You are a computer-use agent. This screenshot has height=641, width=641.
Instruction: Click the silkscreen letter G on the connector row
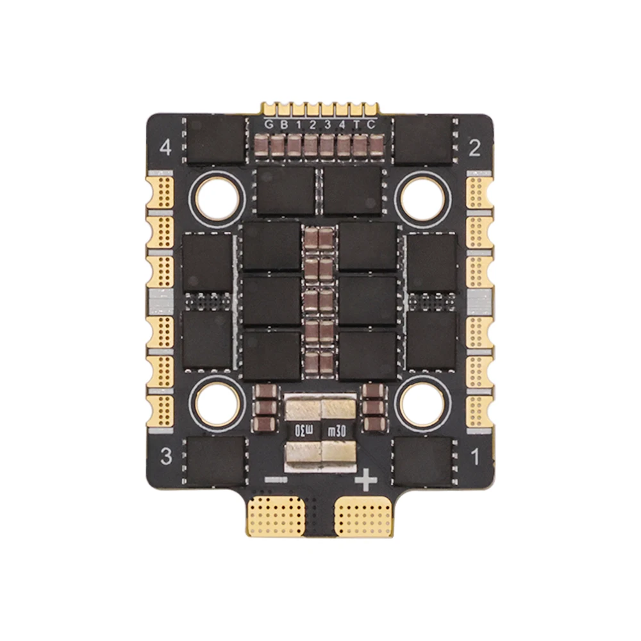pyautogui.click(x=269, y=125)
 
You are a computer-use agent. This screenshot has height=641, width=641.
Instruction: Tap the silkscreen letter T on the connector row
pyautogui.click(x=357, y=125)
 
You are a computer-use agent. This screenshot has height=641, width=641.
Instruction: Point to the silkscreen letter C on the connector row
pyautogui.click(x=370, y=125)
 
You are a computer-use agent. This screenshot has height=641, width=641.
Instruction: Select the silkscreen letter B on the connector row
pyautogui.click(x=284, y=125)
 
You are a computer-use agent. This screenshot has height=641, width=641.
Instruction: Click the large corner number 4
pyautogui.click(x=165, y=147)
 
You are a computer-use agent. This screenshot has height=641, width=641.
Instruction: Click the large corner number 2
pyautogui.click(x=474, y=148)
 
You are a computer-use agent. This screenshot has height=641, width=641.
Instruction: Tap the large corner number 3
pyautogui.click(x=166, y=456)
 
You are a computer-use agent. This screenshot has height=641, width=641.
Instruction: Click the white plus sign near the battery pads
pyautogui.click(x=366, y=479)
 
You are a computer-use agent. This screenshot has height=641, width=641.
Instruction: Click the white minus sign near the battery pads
pyautogui.click(x=276, y=479)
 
